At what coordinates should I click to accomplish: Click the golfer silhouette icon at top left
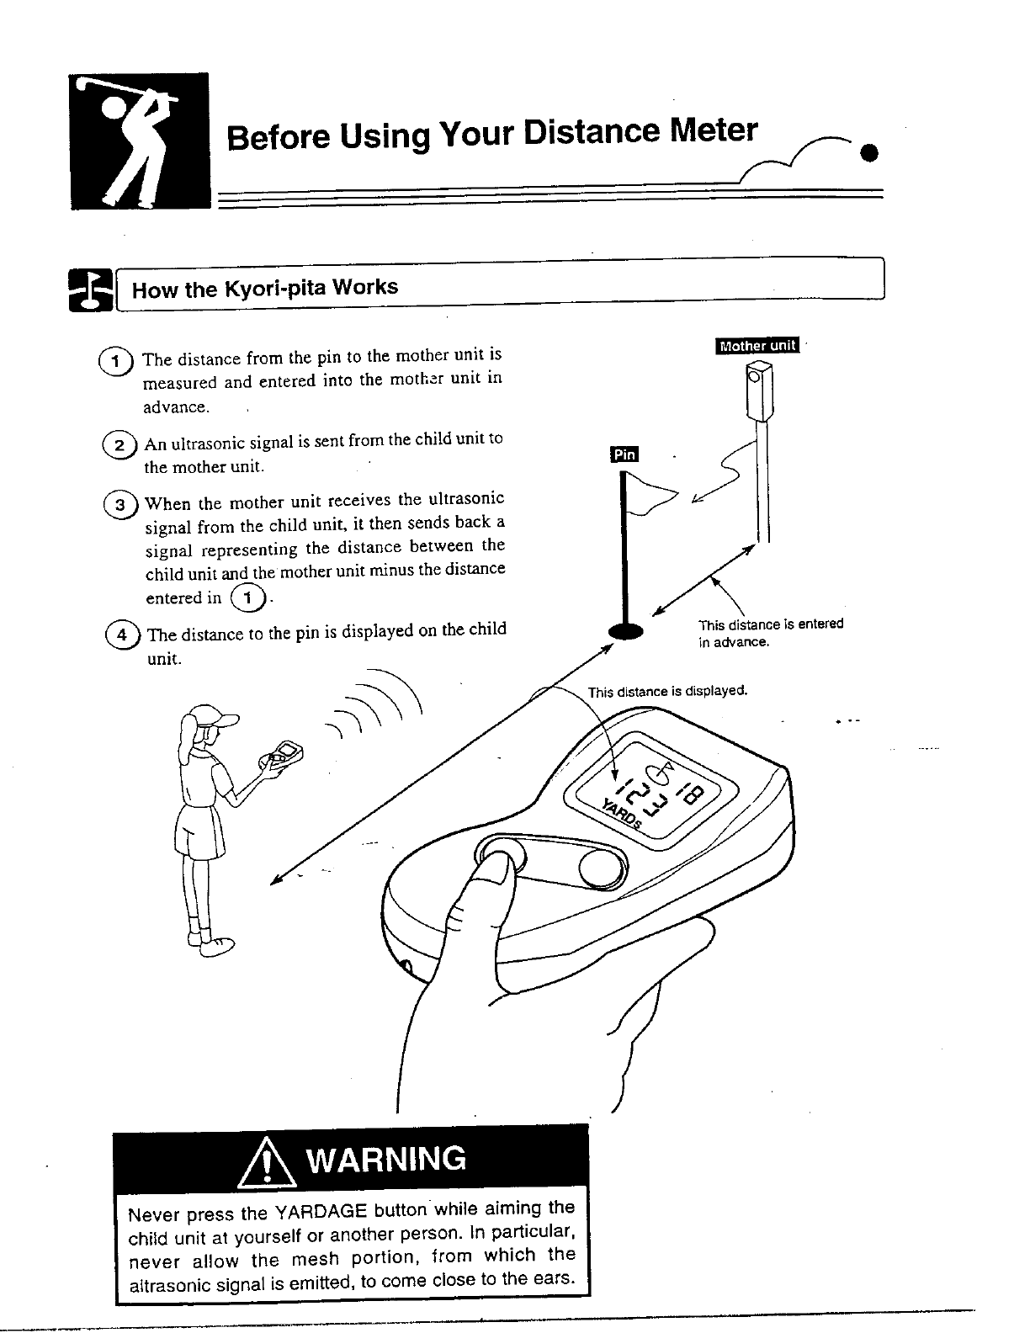click(x=140, y=141)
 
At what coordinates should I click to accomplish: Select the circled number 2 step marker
click(x=120, y=445)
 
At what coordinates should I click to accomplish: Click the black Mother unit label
click(x=757, y=345)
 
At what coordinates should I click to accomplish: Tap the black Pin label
click(x=624, y=454)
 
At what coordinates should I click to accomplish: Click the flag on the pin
click(x=650, y=493)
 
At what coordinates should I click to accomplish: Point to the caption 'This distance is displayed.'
click(x=667, y=692)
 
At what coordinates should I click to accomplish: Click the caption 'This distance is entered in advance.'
click(x=769, y=633)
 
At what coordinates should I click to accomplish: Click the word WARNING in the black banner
click(x=386, y=1160)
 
